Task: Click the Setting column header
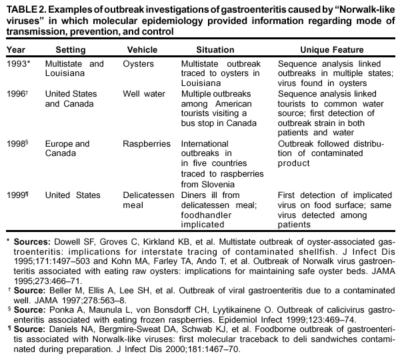71,50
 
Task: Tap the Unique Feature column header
331,50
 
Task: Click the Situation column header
215,50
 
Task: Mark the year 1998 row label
17,143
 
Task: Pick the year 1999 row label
17,195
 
